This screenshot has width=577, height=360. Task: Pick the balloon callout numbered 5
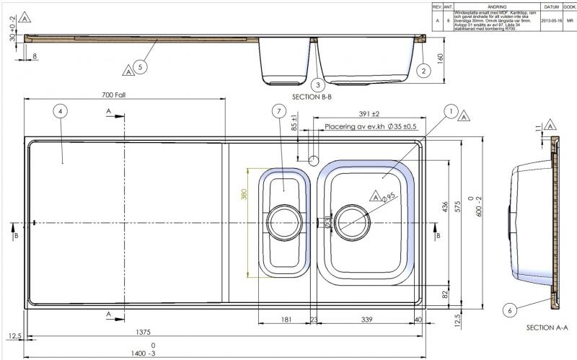(x=141, y=66)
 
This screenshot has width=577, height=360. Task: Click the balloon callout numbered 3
(x=317, y=84)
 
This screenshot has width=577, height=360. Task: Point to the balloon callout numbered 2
(x=424, y=70)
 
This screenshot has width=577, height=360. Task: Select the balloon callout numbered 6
(x=510, y=310)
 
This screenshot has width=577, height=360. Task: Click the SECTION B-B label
(x=312, y=96)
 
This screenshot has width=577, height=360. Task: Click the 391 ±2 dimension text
(x=369, y=114)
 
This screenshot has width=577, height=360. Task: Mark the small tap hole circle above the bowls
(x=314, y=158)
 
